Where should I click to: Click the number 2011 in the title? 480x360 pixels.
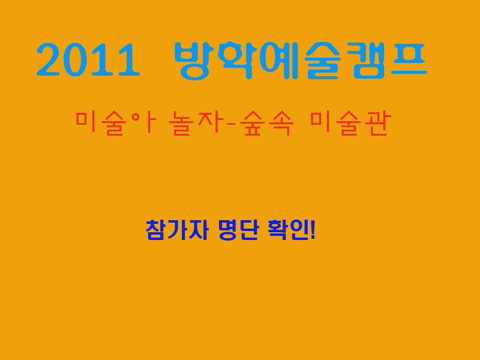88,59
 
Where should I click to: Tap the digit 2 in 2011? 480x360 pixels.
48,59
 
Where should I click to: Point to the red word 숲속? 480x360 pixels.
266,123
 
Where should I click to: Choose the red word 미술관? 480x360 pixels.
350,123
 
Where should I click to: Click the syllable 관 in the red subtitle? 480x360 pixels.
378,123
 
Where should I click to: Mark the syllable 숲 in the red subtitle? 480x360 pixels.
252,123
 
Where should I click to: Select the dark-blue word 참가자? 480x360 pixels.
177,230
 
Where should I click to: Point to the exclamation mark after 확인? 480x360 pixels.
313,230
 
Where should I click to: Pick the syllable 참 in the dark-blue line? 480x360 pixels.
156,230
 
